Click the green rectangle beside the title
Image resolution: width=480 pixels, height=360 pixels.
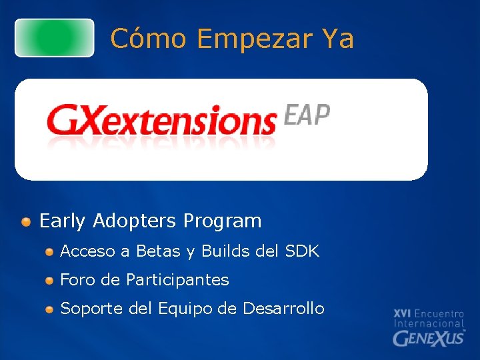(x=55, y=38)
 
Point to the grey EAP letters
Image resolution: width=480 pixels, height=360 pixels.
(x=307, y=115)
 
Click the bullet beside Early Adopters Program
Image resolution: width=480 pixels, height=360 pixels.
(x=25, y=221)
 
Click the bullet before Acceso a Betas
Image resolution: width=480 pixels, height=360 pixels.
(x=49, y=252)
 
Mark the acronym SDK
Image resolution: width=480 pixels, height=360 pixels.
(x=302, y=251)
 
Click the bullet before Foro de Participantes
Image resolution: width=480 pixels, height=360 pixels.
(x=49, y=281)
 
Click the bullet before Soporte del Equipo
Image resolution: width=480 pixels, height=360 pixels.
(x=49, y=309)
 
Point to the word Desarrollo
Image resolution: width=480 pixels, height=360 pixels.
(x=283, y=309)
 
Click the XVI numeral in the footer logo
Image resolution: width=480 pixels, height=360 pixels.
(x=402, y=313)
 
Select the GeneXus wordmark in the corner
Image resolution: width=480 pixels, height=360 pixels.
(x=429, y=337)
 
